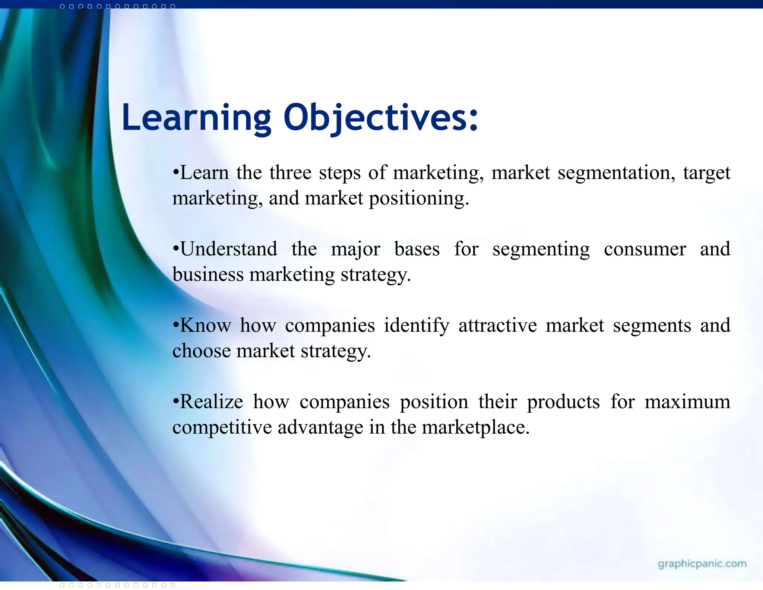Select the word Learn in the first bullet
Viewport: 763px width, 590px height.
click(x=204, y=173)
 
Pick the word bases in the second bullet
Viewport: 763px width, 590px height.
click(x=417, y=249)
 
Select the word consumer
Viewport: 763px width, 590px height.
click(x=645, y=249)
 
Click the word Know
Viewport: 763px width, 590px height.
click(x=205, y=326)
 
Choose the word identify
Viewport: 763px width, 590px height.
click(x=417, y=326)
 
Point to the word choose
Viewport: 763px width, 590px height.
click(x=202, y=351)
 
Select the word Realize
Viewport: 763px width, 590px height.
click(x=211, y=402)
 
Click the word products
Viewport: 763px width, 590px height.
click(x=563, y=402)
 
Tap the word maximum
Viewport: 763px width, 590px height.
click(x=687, y=402)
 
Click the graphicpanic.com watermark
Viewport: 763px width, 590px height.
click(x=702, y=564)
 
